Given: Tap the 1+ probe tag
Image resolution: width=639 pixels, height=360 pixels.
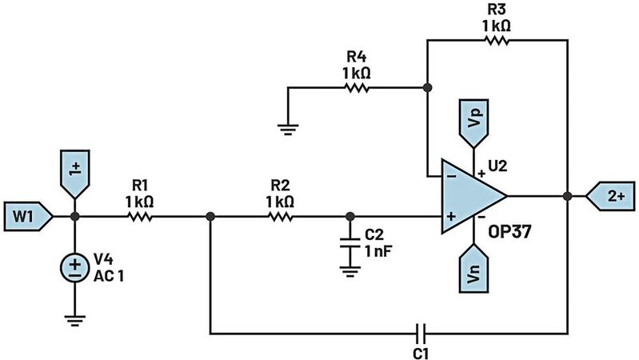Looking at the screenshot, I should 74,173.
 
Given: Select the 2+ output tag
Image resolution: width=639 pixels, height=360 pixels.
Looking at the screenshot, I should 608,194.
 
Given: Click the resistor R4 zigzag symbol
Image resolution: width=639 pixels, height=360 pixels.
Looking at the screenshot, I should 358,87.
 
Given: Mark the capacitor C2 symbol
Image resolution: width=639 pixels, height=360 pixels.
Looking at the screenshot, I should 349,244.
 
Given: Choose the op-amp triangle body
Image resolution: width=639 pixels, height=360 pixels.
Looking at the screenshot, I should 468,196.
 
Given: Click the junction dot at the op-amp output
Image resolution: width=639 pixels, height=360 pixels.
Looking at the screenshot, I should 567,195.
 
